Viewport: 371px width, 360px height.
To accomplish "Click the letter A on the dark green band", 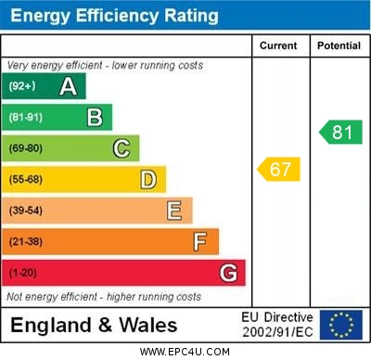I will [68, 86].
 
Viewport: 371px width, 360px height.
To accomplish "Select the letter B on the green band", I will [95, 117].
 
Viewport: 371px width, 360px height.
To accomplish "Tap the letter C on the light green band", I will [122, 148].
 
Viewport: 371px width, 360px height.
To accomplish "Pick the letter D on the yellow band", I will [147, 179].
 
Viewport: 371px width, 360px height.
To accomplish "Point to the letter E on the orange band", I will [174, 211].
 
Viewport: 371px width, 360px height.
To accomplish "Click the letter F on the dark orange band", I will [200, 242].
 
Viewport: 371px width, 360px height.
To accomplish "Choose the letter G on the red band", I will [228, 273].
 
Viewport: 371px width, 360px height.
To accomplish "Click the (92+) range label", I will [23, 86].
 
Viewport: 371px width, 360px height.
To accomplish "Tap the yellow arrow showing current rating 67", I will [279, 169].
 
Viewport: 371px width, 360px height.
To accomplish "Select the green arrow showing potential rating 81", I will [340, 132].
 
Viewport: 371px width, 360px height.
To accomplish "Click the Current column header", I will [278, 45].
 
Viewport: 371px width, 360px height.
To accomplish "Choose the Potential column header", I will [339, 45].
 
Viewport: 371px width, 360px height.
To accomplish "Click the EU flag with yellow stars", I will [341, 324].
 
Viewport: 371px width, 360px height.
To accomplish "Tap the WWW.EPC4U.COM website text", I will [185, 352].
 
